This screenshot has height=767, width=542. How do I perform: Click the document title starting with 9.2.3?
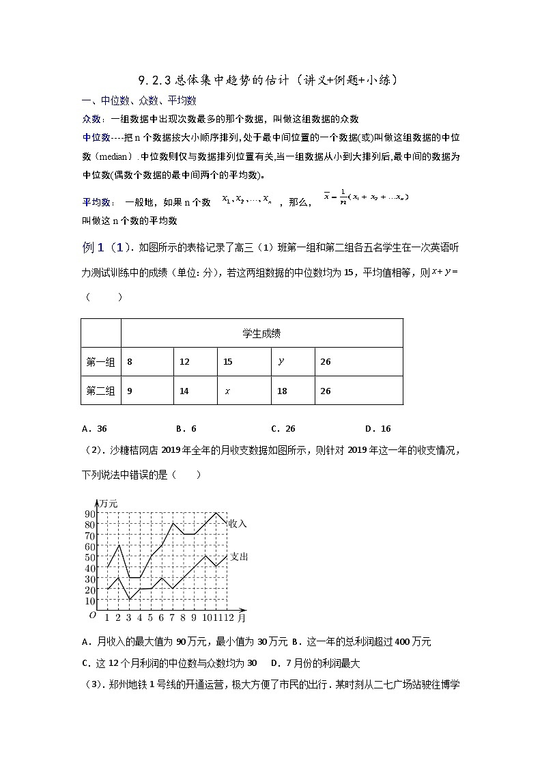[x=268, y=81]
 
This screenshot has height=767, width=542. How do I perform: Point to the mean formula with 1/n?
[x=366, y=197]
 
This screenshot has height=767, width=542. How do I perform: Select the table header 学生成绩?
[x=261, y=333]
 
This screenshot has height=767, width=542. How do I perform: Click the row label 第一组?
[x=100, y=362]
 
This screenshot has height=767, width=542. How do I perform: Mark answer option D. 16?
[x=377, y=429]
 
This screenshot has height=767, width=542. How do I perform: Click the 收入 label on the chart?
[x=238, y=523]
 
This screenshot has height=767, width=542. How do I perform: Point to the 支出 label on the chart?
[x=238, y=557]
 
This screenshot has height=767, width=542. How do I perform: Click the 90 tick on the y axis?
[x=89, y=514]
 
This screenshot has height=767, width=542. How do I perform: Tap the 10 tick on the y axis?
[x=89, y=601]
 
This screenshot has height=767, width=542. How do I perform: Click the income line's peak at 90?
[x=216, y=513]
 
